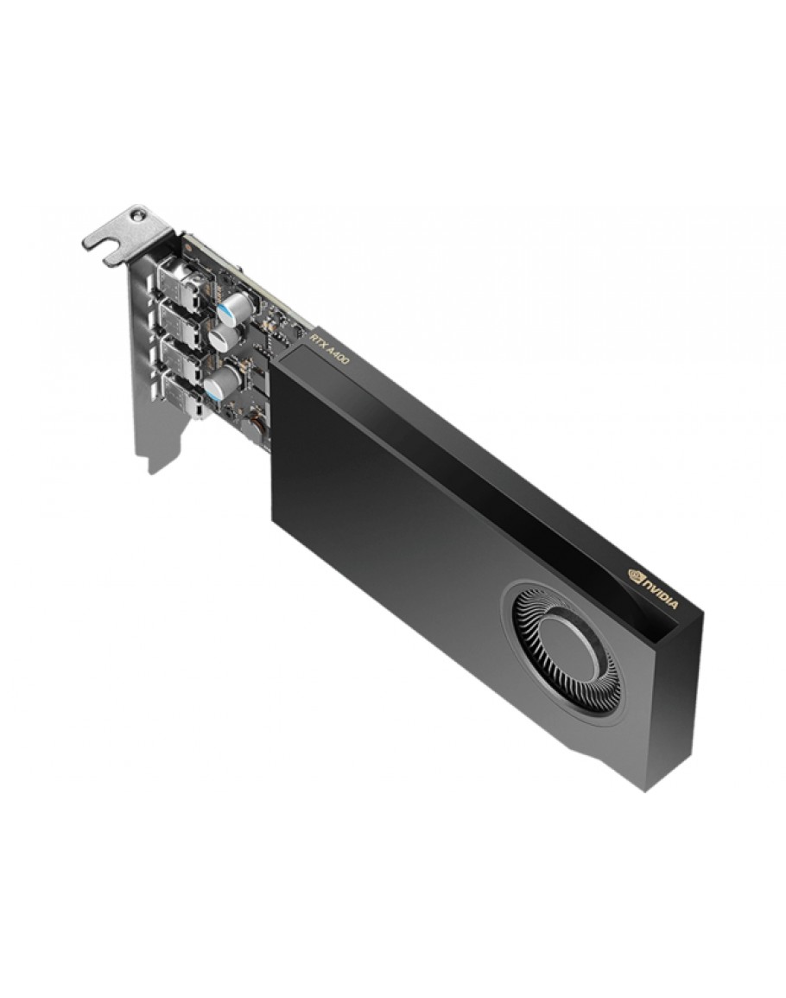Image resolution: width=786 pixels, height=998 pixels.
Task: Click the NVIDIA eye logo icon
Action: coord(636,576)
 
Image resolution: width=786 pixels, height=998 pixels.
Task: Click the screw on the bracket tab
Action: coord(135,216)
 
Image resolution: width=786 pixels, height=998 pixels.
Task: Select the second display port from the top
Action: coord(178,317)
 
